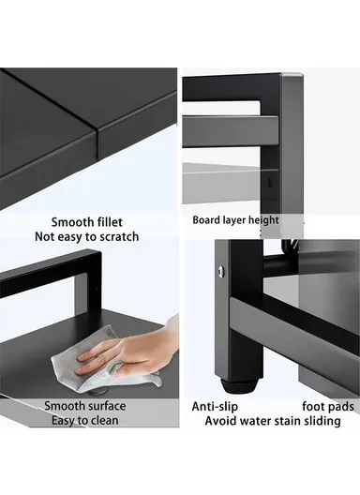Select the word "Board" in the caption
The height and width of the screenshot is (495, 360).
208,220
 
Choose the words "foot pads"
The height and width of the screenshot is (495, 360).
327,406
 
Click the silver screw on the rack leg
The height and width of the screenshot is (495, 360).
221,272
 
